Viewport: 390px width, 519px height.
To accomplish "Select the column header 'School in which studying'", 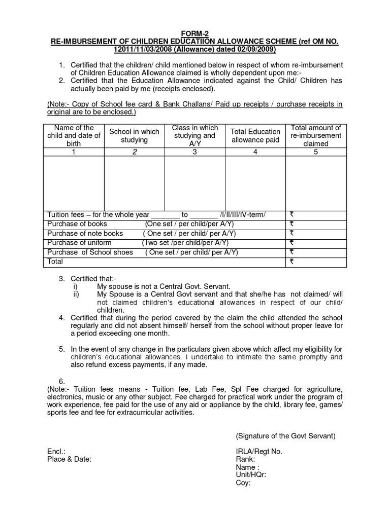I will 134,135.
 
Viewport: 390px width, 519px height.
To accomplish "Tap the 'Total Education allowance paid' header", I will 255,135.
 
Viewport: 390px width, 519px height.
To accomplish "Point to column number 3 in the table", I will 194,152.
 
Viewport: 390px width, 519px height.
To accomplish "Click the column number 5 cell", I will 315,152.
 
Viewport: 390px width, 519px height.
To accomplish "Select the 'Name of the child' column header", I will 74,135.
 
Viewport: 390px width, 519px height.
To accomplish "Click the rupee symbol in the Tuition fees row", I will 292,215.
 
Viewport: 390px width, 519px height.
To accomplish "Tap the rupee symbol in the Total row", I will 292,262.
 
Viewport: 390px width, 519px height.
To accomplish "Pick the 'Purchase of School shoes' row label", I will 90,252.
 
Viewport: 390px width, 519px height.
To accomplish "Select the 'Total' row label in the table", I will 55,262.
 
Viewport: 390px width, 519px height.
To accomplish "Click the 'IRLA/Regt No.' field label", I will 259,452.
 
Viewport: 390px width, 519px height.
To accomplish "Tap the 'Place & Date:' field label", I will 69,459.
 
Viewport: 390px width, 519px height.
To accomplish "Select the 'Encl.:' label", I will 56,452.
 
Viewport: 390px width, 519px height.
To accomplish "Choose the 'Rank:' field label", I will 245,459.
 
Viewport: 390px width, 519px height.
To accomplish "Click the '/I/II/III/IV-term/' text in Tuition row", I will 242,215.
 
